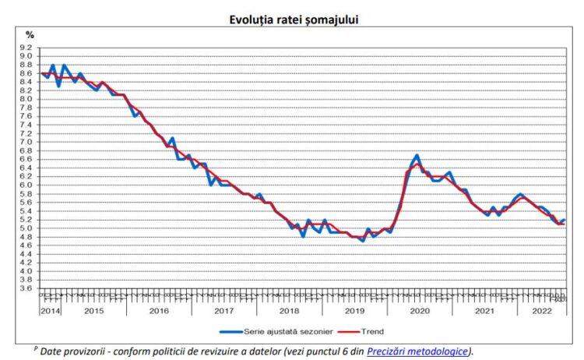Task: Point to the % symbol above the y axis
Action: pos(30,34)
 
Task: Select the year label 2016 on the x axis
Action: pos(158,310)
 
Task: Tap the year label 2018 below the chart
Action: pos(289,310)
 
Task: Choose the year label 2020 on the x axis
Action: pos(420,310)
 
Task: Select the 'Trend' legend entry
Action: pos(394,331)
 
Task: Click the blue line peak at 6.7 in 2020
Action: pos(417,155)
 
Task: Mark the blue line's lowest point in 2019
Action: pos(362,241)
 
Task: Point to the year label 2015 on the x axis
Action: pos(93,310)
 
